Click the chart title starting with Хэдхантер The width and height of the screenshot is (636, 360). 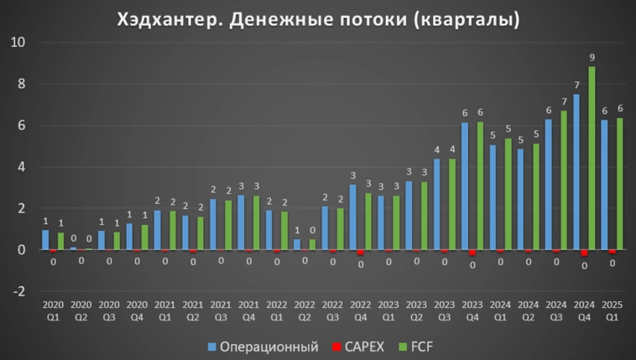coord(317,18)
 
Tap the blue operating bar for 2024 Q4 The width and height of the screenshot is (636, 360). coord(576,172)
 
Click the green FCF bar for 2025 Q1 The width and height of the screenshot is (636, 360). coord(620,184)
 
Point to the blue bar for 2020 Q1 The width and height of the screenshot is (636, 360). coord(45,240)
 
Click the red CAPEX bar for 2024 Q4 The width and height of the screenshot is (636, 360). coord(584,253)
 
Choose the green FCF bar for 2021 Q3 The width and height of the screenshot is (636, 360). coord(228,225)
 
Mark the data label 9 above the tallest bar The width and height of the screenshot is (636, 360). coord(592,58)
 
